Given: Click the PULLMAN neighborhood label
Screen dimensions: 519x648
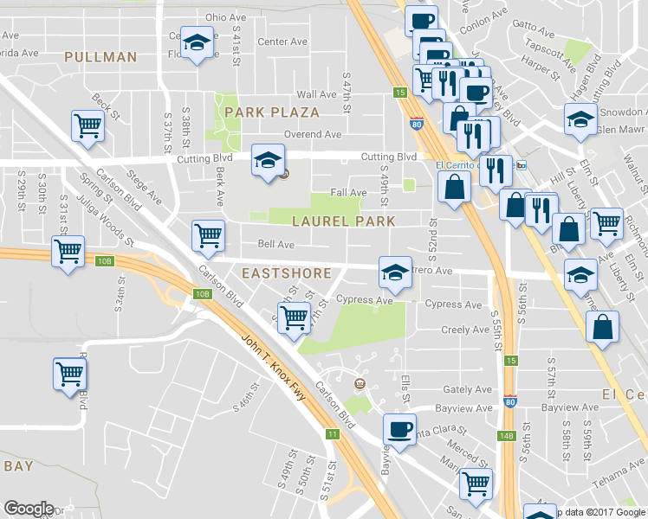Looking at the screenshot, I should [x=100, y=57].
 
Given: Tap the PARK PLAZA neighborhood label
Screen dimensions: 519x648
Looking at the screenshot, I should [x=271, y=112].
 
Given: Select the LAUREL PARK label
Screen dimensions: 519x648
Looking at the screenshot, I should [x=343, y=221].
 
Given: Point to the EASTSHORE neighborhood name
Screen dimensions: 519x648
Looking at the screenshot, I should [x=286, y=273].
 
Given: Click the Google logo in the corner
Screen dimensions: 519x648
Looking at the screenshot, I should [x=29, y=509].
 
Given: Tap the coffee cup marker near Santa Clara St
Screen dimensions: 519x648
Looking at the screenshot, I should [x=399, y=430].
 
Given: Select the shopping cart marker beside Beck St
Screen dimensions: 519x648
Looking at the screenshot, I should [x=87, y=126].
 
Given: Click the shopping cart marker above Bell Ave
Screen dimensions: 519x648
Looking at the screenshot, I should [x=208, y=235].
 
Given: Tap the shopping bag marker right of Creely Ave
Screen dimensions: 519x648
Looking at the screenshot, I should [x=602, y=328].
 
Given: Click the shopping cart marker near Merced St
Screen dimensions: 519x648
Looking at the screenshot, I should [x=475, y=483].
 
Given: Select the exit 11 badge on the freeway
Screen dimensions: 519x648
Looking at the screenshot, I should [x=332, y=434].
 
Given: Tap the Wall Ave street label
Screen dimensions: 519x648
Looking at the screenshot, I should [x=316, y=94].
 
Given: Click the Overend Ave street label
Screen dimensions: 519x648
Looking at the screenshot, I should [x=314, y=135].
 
